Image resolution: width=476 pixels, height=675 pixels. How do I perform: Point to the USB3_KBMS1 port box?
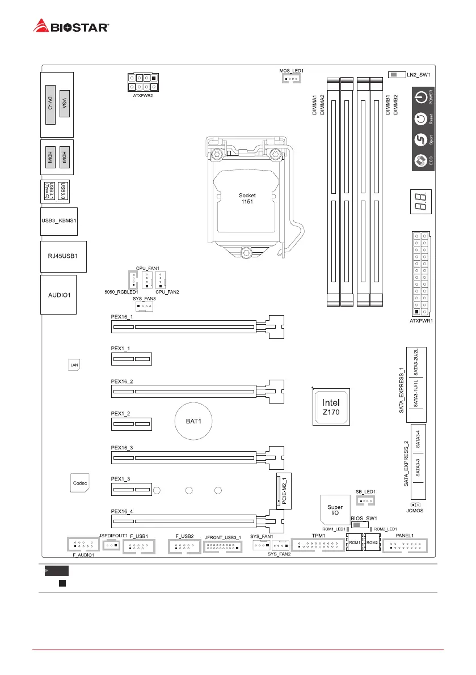coord(59,222)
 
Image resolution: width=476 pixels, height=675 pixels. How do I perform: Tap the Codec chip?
coord(79,483)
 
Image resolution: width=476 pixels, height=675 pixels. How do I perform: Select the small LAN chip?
coord(74,365)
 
